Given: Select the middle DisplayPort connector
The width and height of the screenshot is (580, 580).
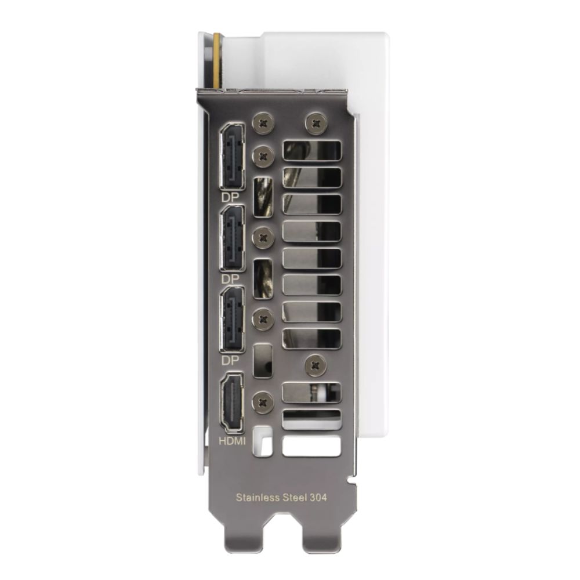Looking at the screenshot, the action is tap(233, 237).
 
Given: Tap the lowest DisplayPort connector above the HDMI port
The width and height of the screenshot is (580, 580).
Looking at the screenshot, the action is tap(233, 319).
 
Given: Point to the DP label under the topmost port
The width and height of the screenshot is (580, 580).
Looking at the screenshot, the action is tap(230, 198).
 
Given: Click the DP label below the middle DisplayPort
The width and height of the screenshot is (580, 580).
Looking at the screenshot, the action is tap(230, 279).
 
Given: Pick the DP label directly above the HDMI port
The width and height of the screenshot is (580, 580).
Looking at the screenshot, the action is tap(230, 360).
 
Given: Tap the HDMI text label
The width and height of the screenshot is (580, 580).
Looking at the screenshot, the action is tap(233, 441).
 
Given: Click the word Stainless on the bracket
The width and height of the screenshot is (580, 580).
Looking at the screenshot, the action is tap(258, 497).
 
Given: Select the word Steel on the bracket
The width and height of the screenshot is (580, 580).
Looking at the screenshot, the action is tap(295, 497).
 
